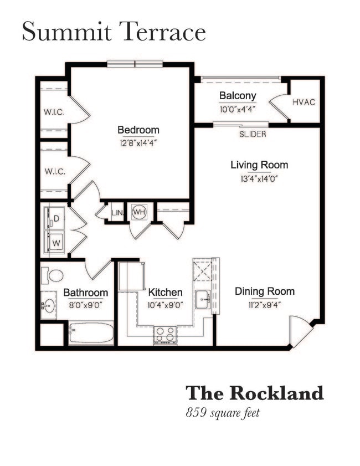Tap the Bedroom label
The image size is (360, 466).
(x=138, y=130)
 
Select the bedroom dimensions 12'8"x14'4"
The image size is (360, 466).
(x=138, y=142)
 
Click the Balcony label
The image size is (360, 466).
(x=237, y=95)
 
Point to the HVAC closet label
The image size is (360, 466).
(x=304, y=103)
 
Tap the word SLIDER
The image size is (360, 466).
(x=253, y=134)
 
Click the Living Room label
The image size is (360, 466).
(x=259, y=165)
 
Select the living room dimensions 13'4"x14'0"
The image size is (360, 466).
(x=259, y=178)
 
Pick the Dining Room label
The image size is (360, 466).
(x=264, y=291)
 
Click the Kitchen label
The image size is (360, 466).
(x=165, y=292)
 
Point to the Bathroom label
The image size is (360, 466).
(x=85, y=293)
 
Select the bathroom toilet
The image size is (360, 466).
(x=55, y=275)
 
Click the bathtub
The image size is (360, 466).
(x=91, y=334)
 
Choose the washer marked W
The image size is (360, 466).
(x=55, y=242)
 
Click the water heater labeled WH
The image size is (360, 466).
(x=138, y=212)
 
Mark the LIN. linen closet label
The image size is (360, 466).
(x=117, y=212)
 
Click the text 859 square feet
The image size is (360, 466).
(x=223, y=412)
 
